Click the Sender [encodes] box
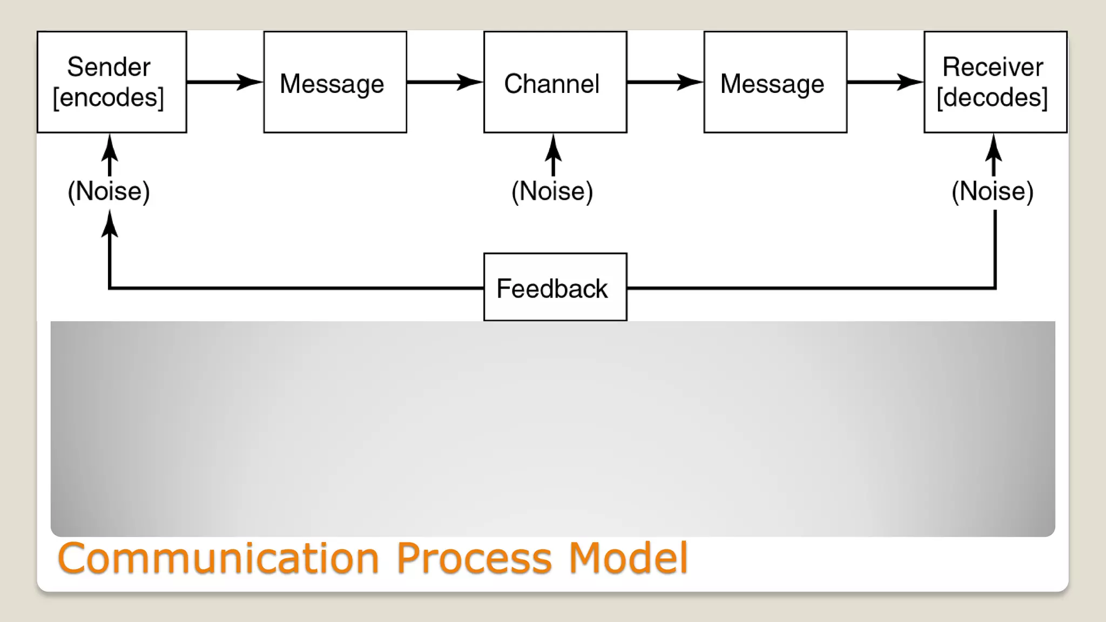pyautogui.click(x=112, y=82)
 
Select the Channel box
pyautogui.click(x=555, y=82)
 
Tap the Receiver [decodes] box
pyautogui.click(x=995, y=82)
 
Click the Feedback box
pyautogui.click(x=555, y=287)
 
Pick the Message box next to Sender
pyautogui.click(x=335, y=82)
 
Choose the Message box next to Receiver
pyautogui.click(x=775, y=82)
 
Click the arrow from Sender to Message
pyautogui.click(x=224, y=82)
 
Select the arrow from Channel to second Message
pyautogui.click(x=665, y=82)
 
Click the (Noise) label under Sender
pyautogui.click(x=109, y=191)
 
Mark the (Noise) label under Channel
pyautogui.click(x=552, y=191)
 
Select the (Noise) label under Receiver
pyautogui.click(x=993, y=191)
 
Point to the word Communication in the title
pyautogui.click(x=218, y=558)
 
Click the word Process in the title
pyautogui.click(x=474, y=558)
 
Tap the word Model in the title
pyautogui.click(x=628, y=558)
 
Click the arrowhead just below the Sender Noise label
pyautogui.click(x=110, y=224)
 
